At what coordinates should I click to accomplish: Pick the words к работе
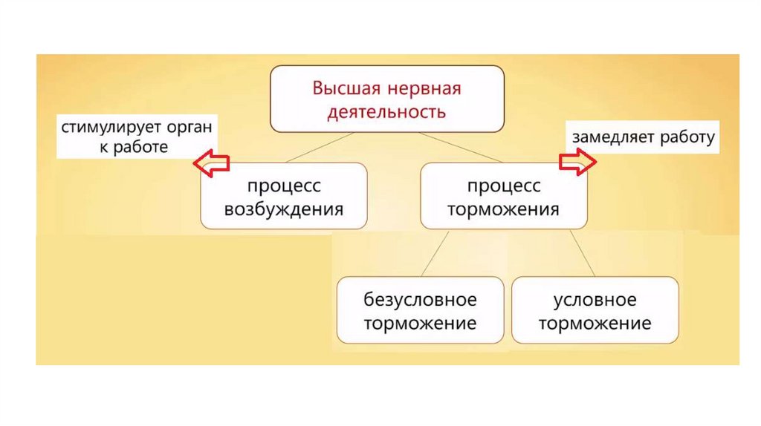point(134,147)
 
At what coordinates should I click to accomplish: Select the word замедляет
point(608,137)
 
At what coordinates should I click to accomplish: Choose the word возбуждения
point(284,209)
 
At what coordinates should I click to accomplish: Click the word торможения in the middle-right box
point(504,209)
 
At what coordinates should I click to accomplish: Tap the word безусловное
point(420,300)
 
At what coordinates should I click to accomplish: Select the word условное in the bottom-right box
point(595,300)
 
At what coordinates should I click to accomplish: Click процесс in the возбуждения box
point(284,186)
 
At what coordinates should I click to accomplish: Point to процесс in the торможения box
point(504,186)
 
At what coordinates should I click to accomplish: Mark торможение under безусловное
point(420,324)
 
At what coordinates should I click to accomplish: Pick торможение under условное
point(595,324)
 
